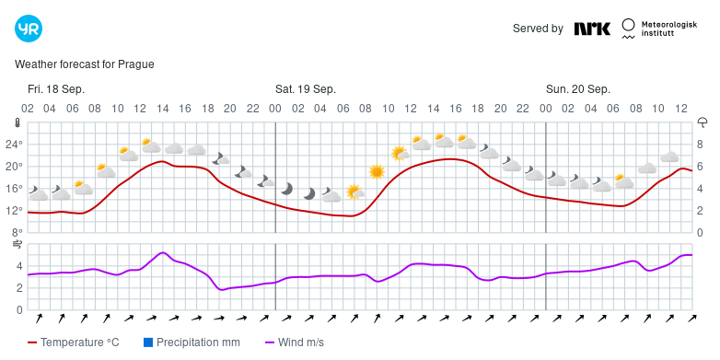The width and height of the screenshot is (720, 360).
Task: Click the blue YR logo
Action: point(29,29)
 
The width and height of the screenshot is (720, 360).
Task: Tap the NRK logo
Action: point(592,29)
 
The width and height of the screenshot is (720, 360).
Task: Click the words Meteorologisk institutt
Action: point(669,29)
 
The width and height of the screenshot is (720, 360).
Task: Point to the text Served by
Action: point(538,29)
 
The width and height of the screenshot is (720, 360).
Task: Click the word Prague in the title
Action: point(136,64)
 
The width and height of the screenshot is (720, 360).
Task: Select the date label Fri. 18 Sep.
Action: point(56,89)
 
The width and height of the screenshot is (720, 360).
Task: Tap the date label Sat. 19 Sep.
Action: point(306,89)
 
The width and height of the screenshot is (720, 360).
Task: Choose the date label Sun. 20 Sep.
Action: point(578,89)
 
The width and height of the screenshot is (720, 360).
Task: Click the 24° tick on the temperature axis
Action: point(14,145)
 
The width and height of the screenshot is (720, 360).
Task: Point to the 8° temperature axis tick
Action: point(17,232)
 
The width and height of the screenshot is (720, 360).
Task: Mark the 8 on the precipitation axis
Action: point(701,145)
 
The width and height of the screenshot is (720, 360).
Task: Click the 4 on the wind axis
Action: point(19,266)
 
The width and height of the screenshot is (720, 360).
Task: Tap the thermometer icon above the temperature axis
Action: point(17,122)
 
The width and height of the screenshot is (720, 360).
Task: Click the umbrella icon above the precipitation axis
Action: point(703,122)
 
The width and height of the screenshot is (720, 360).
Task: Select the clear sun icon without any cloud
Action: point(377,172)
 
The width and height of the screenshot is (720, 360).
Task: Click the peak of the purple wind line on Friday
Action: point(163,252)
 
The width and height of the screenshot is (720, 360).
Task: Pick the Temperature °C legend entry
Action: point(74,343)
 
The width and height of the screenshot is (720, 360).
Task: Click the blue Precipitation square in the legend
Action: point(148,343)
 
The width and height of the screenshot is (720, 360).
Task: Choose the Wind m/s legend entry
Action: point(295,343)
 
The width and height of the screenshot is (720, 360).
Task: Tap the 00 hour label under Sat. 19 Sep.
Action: point(275,109)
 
